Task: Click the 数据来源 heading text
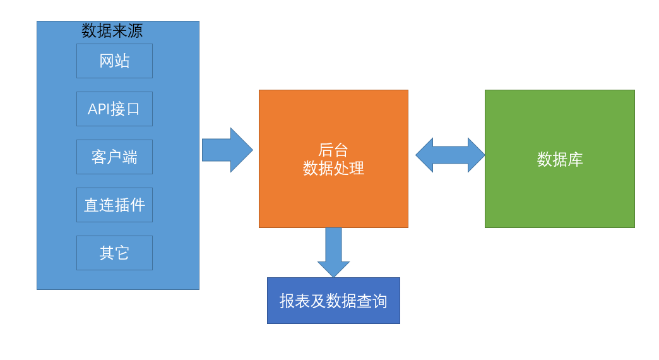point(112,30)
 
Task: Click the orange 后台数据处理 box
point(333,196)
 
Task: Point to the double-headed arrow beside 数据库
point(450,155)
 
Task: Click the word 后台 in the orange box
point(333,150)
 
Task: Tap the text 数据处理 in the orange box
point(333,168)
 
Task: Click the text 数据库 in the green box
point(560,159)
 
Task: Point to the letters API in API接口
point(98,109)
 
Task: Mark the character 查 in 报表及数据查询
point(364,301)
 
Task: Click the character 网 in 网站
point(107,61)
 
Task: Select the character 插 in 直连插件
point(122,205)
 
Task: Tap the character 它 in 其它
point(122,253)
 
